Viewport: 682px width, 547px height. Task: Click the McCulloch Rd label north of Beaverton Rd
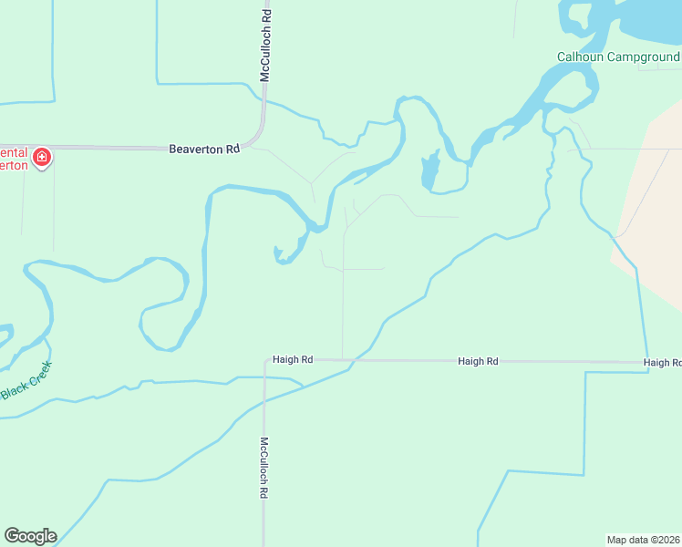(265, 46)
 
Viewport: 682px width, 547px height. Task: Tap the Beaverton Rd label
(204, 149)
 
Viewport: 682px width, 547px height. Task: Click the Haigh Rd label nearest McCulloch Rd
(293, 360)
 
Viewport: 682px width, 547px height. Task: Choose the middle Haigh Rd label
(478, 361)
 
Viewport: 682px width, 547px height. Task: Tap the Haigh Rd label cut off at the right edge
(662, 362)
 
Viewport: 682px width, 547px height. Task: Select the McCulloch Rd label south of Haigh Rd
(264, 467)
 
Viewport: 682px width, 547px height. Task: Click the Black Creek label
(26, 381)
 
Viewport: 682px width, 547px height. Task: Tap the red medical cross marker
(41, 158)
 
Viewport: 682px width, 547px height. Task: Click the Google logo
(30, 536)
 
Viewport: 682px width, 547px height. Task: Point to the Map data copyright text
(644, 539)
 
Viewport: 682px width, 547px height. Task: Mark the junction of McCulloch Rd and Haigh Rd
(264, 360)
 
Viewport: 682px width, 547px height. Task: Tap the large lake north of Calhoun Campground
(647, 23)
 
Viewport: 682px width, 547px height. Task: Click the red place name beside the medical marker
(14, 158)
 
